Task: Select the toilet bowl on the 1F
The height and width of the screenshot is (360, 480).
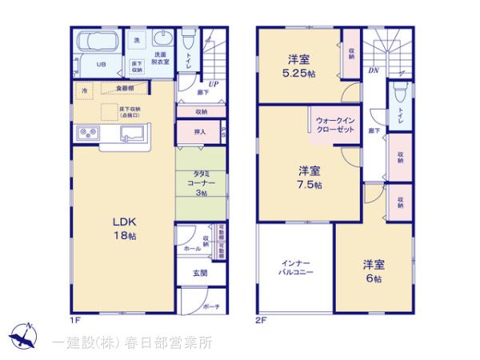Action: coord(186,39)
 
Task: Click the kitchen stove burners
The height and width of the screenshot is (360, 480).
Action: coord(86,133)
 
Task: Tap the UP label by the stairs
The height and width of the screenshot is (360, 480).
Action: coord(214,83)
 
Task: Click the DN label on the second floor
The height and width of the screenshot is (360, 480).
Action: coord(373,71)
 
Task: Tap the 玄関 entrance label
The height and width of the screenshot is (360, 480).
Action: coord(199,273)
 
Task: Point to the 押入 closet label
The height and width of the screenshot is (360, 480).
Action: coord(200,131)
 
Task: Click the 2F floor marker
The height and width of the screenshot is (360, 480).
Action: coord(260,320)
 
